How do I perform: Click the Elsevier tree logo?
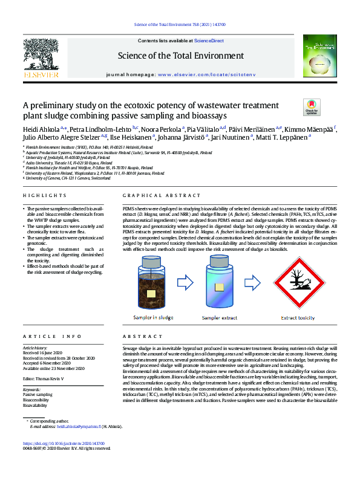pos(41,55)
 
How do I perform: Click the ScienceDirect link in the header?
pos(209,41)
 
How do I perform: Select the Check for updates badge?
pos(312,107)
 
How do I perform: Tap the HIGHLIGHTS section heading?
pos(42,196)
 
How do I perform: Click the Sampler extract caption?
pos(220,317)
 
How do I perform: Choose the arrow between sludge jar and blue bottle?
pos(185,282)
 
